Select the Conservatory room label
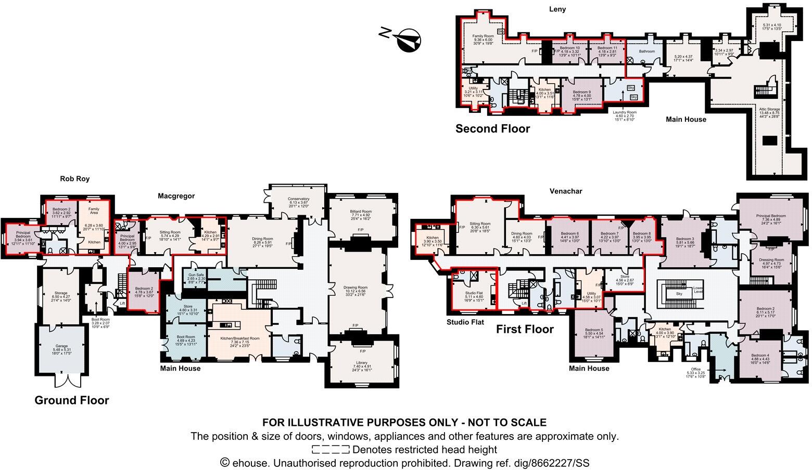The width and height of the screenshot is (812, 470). tap(299, 199)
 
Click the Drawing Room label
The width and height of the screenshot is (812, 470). tap(355, 288)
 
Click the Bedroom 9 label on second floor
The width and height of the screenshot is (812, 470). tap(581, 92)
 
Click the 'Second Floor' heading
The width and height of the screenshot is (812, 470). tap(492, 129)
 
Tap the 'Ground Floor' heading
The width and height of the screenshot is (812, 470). tap(71, 400)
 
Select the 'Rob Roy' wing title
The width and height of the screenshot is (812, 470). tap(75, 178)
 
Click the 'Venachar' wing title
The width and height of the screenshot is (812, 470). tap(566, 191)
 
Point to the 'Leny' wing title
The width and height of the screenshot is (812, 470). tap(557, 9)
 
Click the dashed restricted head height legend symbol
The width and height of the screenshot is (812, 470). tap(330, 450)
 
